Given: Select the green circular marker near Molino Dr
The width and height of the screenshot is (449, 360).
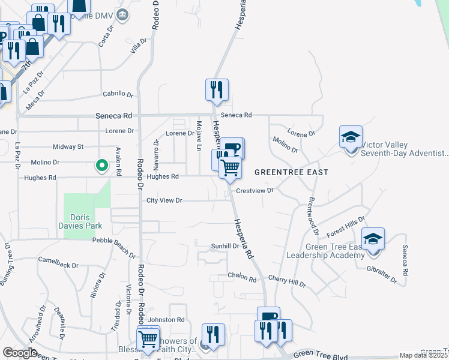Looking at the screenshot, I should (102, 165).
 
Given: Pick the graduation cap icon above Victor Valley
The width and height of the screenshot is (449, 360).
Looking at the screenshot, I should (351, 137).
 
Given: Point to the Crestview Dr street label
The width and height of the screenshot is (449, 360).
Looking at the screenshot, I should (255, 191).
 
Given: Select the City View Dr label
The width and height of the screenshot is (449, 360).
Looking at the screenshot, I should (164, 200).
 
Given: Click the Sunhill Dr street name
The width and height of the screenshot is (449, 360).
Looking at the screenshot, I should (225, 246).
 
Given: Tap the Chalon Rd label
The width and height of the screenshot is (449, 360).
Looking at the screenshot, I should (242, 278).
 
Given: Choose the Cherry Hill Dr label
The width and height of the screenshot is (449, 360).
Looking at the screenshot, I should (287, 281).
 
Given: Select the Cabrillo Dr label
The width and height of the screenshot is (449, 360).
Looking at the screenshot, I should (118, 94).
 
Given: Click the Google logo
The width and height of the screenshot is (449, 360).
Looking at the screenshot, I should (20, 353).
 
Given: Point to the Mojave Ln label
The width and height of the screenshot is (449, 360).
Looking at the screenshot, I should (197, 135).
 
